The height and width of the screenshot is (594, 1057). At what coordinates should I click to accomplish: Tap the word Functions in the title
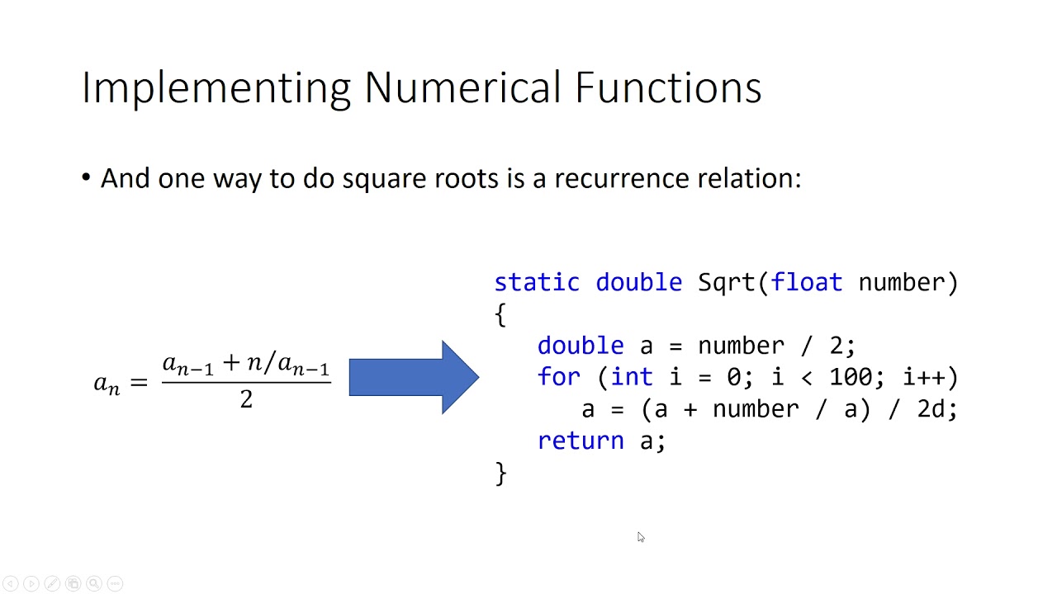click(x=668, y=87)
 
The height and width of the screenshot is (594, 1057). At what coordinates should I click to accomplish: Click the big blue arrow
click(x=414, y=377)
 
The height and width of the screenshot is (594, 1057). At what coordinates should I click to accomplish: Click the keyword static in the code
click(x=537, y=282)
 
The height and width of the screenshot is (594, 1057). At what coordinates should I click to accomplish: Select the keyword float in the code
click(x=807, y=282)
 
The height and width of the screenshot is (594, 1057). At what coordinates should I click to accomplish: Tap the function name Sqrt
click(x=727, y=283)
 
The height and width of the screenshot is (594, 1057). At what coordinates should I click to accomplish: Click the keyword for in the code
click(x=559, y=377)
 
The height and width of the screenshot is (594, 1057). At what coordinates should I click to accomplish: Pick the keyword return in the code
click(x=581, y=441)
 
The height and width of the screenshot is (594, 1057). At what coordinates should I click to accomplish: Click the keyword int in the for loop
click(x=632, y=377)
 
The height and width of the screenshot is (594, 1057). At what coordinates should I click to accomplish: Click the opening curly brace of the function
click(x=500, y=314)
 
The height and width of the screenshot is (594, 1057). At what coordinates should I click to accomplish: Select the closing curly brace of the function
click(x=500, y=473)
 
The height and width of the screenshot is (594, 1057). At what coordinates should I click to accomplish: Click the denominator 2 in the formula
click(x=246, y=400)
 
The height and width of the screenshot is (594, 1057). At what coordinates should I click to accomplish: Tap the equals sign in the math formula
click(x=138, y=383)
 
